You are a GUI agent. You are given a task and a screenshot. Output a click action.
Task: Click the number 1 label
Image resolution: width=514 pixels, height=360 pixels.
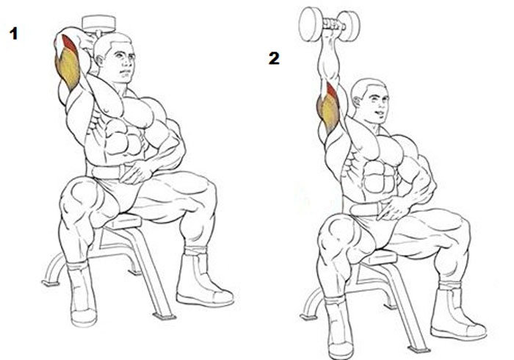tap(13, 34)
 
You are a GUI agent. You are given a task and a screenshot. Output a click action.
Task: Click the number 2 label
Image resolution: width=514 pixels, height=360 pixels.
tap(274, 58)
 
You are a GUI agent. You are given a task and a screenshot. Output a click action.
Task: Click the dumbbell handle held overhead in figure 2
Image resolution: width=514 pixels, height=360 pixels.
tap(333, 24)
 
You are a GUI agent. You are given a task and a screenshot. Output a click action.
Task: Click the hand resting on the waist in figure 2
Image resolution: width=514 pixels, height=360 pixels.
tap(392, 208)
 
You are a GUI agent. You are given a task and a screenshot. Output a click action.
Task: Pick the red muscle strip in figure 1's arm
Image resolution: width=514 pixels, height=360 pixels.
tap(70, 43)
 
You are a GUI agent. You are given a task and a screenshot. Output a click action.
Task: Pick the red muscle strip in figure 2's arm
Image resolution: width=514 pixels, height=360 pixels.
tap(331, 91)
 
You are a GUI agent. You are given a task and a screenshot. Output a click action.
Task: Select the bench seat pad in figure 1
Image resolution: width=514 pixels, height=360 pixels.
tap(122, 220)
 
